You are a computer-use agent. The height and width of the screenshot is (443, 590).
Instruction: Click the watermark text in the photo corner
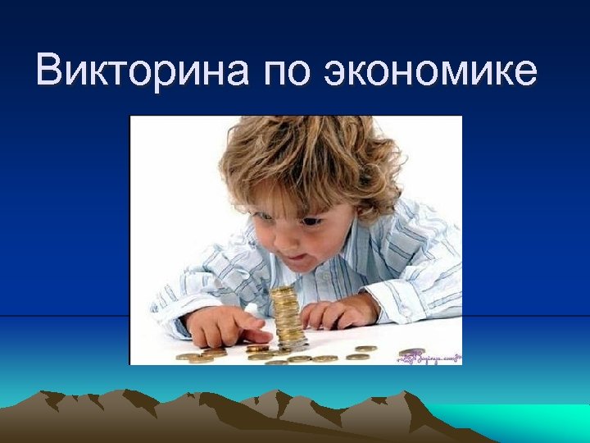[430, 356]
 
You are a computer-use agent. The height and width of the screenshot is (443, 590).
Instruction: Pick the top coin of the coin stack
[283, 290]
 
